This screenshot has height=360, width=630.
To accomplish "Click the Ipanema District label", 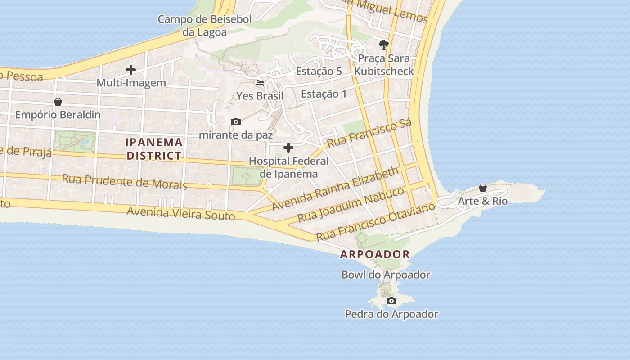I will coord(154,149).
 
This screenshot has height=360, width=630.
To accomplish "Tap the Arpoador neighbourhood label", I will coord(375,254).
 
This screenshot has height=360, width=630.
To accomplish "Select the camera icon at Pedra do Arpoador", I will coord(391,301).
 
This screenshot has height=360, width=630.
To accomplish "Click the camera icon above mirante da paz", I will coord(235,121).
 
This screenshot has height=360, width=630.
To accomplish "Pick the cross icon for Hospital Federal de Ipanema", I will coord(288,148).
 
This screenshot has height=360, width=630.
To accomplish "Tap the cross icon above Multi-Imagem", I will coord(131,70).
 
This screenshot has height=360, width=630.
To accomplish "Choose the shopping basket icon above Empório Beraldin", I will coord(58,102).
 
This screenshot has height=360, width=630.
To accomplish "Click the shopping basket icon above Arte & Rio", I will coord(483,188).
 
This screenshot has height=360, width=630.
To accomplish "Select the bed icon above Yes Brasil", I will coord(260,83).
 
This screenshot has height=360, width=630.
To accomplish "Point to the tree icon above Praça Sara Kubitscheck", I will coord(383,45).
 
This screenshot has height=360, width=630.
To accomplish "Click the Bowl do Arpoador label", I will coord(386,274).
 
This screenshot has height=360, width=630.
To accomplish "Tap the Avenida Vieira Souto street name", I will coord(181,213).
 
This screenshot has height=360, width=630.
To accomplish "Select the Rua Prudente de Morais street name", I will coord(125,181).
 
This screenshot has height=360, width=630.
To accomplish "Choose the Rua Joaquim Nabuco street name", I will coord(351,205).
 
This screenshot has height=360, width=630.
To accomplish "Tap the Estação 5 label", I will coord(319,71).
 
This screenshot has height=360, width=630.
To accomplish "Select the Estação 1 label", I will coord(324,94).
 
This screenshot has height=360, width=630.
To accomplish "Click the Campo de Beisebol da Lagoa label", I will coord(205,26).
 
